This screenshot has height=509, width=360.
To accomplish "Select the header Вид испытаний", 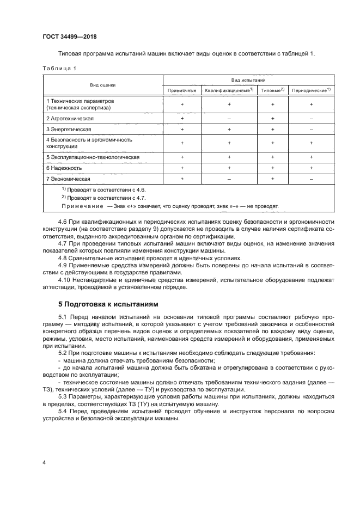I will pyautogui.click(x=248, y=79).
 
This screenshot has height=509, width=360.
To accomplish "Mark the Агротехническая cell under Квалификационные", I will pyautogui.click(x=229, y=118).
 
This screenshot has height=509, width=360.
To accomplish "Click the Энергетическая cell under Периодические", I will pyautogui.click(x=311, y=129).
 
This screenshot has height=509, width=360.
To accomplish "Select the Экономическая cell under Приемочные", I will pyautogui.click(x=182, y=179).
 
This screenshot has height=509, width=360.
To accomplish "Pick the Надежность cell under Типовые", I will pyautogui.click(x=272, y=168).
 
